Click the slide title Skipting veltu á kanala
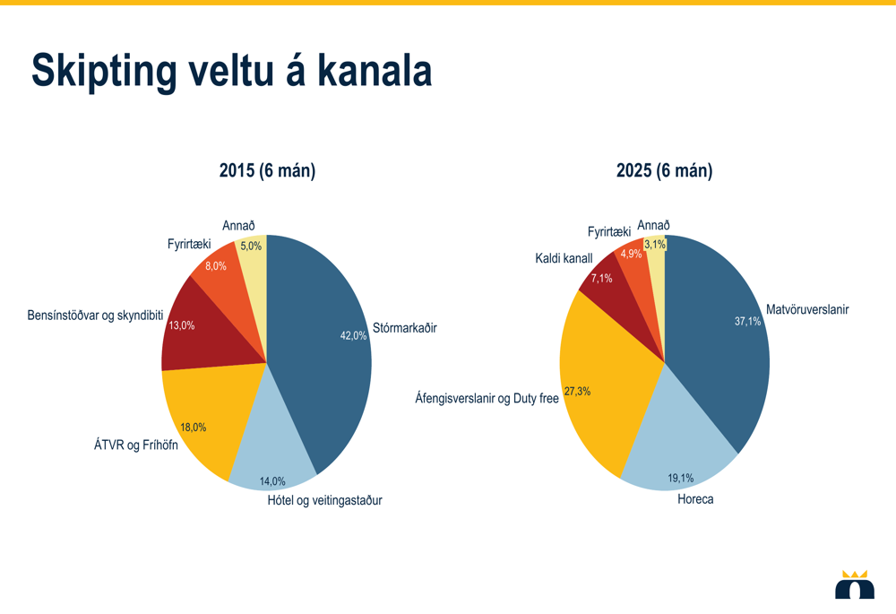click(x=231, y=72)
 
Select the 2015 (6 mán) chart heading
click(x=267, y=170)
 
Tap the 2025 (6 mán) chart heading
click(x=664, y=170)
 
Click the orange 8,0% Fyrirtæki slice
click(x=220, y=273)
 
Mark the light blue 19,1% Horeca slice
click(x=676, y=448)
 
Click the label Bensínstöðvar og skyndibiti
click(x=95, y=316)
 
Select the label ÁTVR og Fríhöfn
click(x=136, y=445)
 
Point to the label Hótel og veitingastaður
click(x=324, y=500)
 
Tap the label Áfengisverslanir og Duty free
click(x=487, y=398)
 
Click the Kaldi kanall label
click(x=564, y=258)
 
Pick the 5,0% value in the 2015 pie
click(x=251, y=246)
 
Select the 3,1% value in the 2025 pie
click(x=655, y=244)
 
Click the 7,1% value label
click(x=601, y=278)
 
